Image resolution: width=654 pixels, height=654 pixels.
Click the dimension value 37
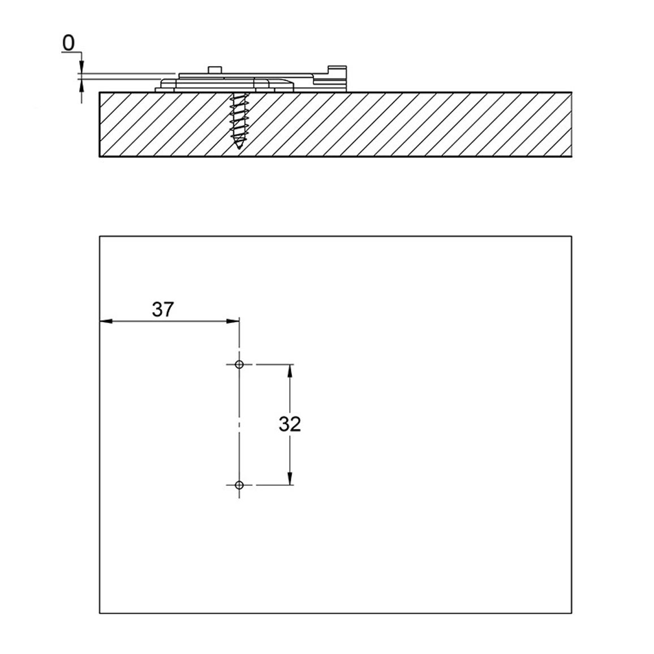[162, 309]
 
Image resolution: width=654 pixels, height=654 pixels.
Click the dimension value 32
[290, 424]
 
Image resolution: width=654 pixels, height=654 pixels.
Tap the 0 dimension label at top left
[68, 43]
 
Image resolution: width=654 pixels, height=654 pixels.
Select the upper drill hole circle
[239, 364]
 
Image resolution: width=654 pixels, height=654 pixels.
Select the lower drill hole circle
[239, 485]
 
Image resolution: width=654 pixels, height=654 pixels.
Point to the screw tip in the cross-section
[239, 147]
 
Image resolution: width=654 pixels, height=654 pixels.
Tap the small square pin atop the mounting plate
[215, 70]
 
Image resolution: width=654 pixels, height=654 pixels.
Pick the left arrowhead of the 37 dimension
[106, 321]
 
